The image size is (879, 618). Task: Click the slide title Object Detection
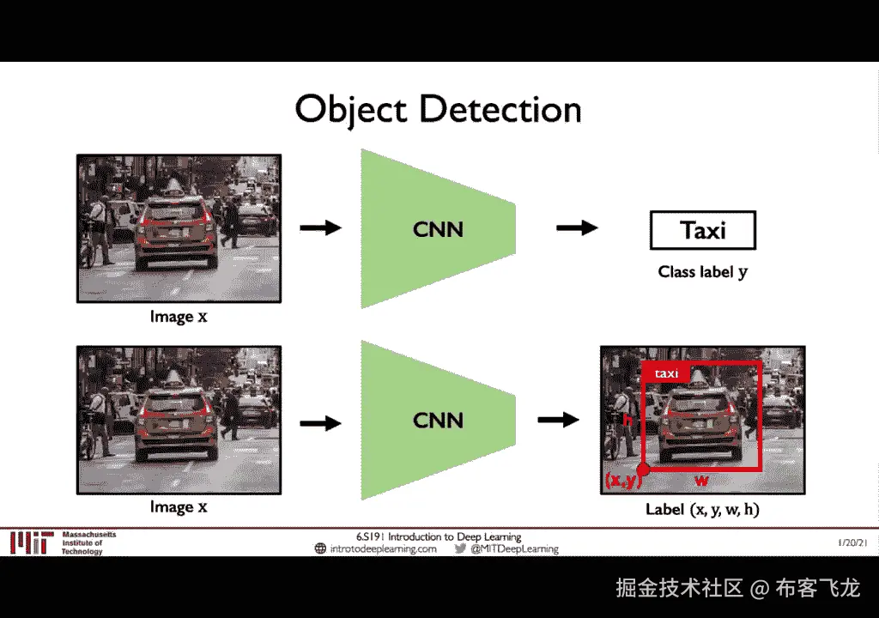(x=438, y=110)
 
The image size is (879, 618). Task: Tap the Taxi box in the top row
(x=702, y=231)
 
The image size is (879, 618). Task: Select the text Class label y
(x=702, y=272)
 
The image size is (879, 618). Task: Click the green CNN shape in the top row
(x=438, y=229)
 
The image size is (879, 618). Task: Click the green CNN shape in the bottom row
(x=438, y=420)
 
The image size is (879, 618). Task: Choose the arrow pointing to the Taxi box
(x=577, y=227)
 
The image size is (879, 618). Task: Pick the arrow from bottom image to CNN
(x=320, y=422)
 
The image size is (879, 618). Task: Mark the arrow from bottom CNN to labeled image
(x=558, y=420)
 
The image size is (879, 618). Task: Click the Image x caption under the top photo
(x=179, y=317)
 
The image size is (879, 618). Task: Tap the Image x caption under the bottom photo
(x=179, y=507)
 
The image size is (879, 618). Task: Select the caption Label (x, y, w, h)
(x=702, y=510)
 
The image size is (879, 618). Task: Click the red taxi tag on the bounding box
(x=666, y=373)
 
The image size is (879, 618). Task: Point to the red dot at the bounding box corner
(x=643, y=470)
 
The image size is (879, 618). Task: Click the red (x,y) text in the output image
(x=621, y=482)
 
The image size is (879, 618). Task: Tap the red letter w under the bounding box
(x=701, y=481)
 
